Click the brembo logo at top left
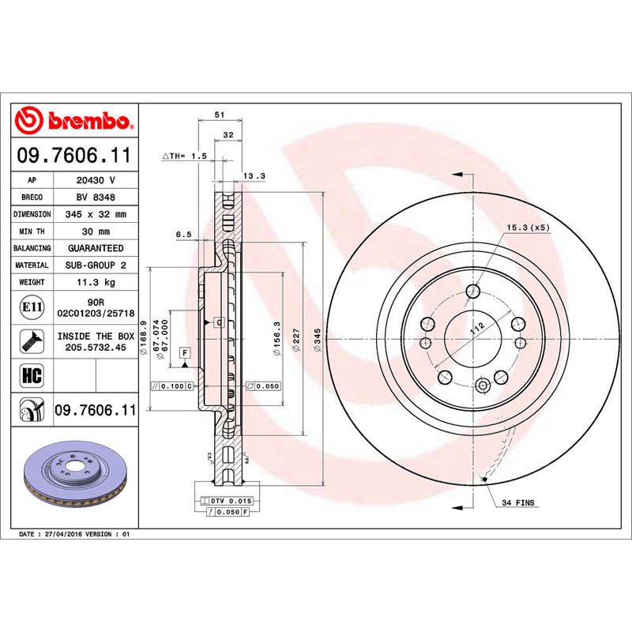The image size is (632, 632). point(73,120)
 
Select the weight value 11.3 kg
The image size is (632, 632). point(96,282)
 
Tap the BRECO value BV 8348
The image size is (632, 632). point(96,197)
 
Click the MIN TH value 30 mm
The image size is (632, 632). point(96,231)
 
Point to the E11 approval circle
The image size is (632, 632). point(32,307)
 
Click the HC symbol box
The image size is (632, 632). point(32,375)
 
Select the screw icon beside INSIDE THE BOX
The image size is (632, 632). point(32,341)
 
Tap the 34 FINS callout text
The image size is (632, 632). point(518,502)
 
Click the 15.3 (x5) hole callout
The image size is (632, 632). point(528,228)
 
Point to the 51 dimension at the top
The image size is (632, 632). point(220,115)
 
